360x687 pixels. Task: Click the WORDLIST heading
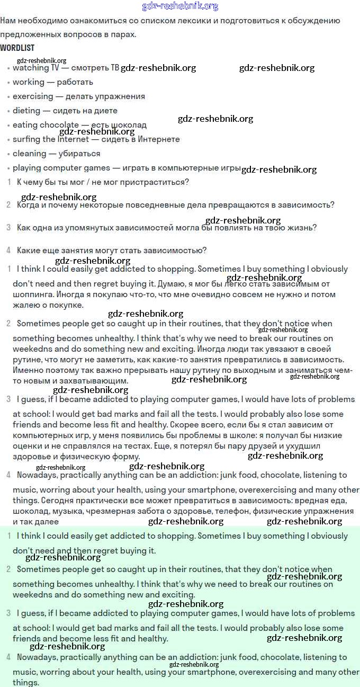(17, 48)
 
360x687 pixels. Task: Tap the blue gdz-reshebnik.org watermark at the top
(180, 6)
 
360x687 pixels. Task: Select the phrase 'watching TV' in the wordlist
(36, 68)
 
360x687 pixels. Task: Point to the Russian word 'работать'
(75, 82)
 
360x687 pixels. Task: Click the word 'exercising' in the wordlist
(33, 96)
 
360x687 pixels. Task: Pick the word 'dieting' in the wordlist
(26, 111)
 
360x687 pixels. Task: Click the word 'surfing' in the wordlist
(26, 139)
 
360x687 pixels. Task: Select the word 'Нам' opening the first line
(7, 21)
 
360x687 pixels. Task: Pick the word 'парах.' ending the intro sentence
(124, 34)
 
